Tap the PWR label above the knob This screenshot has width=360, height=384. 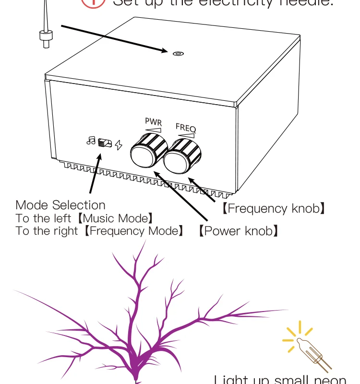coord(154,122)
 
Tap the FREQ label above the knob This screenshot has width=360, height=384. coord(186,128)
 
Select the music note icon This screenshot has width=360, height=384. coord(91,141)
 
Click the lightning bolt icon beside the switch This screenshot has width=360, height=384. coord(119,144)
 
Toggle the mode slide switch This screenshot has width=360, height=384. coord(105,143)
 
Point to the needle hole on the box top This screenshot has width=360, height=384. coord(178,53)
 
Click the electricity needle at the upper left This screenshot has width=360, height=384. coord(45,29)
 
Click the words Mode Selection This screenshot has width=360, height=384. coord(60,205)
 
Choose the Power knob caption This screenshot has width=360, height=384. coord(239,231)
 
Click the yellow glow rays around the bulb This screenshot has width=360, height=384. coord(294,336)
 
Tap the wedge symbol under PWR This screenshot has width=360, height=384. coord(154,130)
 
